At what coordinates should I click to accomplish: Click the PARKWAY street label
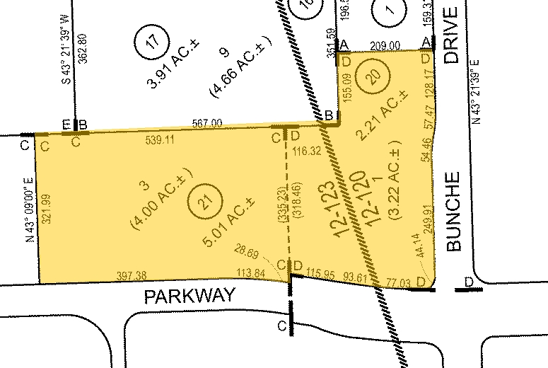click(x=189, y=296)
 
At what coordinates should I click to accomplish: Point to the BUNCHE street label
click(x=454, y=212)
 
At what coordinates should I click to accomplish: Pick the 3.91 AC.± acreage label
click(x=172, y=72)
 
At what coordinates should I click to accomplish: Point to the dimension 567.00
click(x=207, y=123)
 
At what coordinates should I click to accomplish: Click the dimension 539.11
click(x=159, y=139)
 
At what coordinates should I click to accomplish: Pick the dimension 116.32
click(x=305, y=150)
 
